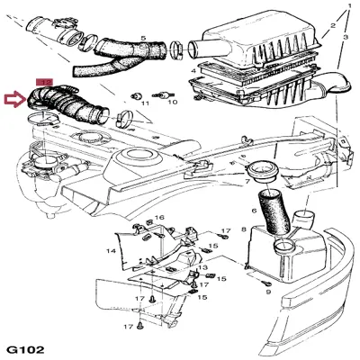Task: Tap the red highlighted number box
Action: tap(46, 81)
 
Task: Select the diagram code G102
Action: tap(24, 347)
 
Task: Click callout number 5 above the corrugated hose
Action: tap(143, 38)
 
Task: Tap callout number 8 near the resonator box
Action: tap(244, 232)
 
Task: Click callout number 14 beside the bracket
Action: tap(112, 250)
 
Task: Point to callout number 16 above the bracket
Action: tap(159, 218)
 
